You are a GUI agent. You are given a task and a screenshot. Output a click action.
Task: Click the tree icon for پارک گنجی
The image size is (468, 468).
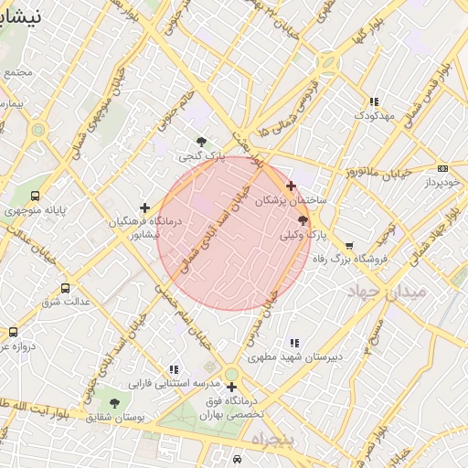(x=201, y=141)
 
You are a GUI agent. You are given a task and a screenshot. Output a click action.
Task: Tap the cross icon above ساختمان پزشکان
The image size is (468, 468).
(x=292, y=186)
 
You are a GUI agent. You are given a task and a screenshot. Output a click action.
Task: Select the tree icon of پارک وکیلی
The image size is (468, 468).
(x=303, y=220)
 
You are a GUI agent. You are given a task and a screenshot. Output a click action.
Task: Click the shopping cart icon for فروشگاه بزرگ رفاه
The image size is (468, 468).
(x=349, y=245)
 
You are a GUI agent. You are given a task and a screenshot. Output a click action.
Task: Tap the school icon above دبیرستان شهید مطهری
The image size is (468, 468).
(x=293, y=342)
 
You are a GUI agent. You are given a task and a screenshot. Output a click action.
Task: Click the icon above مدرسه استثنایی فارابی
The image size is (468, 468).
(x=174, y=370)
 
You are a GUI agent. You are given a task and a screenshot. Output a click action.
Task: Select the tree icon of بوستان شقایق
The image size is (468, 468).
(x=114, y=403)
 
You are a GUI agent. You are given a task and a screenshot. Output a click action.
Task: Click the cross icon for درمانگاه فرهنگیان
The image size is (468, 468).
(x=144, y=207)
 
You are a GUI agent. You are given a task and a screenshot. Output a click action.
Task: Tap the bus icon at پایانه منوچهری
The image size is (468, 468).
(x=35, y=196)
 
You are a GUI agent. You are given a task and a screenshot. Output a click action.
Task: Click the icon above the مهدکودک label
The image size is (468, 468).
(x=373, y=101)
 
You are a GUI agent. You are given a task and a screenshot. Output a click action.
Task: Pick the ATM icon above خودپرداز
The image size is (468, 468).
(x=443, y=168)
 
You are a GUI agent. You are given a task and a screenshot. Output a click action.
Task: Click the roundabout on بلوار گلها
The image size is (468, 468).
(x=329, y=65)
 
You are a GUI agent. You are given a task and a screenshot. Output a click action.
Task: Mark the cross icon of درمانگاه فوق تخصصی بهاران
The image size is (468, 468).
(x=232, y=387)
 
